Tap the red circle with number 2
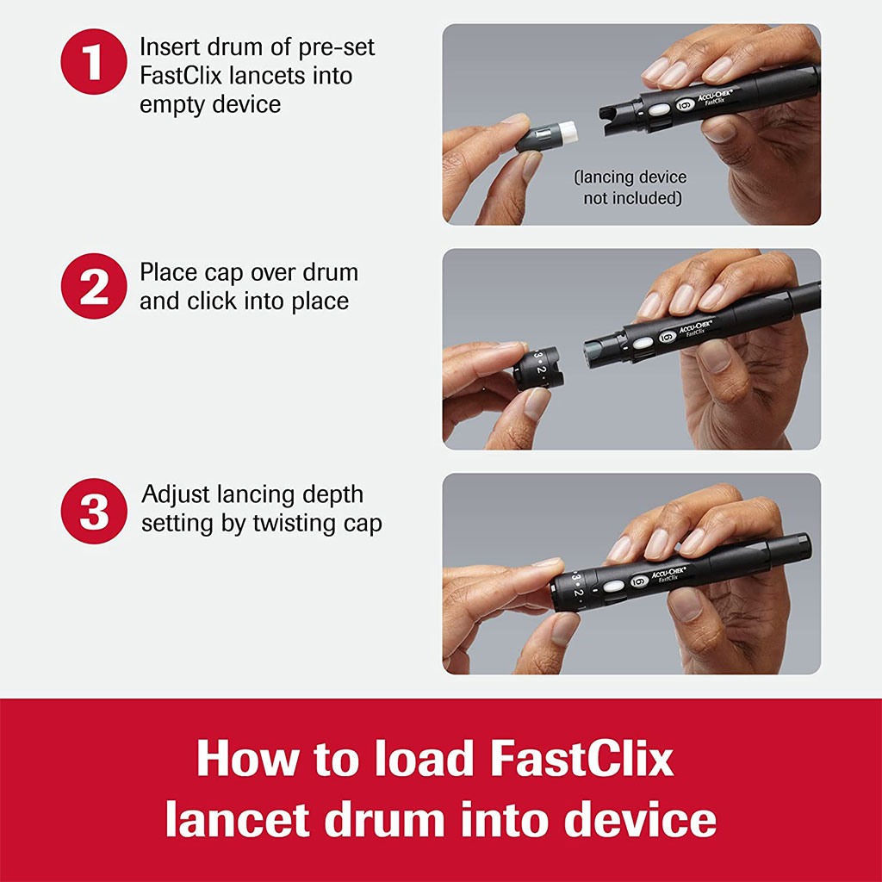(94, 287)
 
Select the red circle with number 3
(94, 512)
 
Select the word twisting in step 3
(296, 524)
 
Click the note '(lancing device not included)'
(630, 188)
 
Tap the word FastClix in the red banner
(581, 761)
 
